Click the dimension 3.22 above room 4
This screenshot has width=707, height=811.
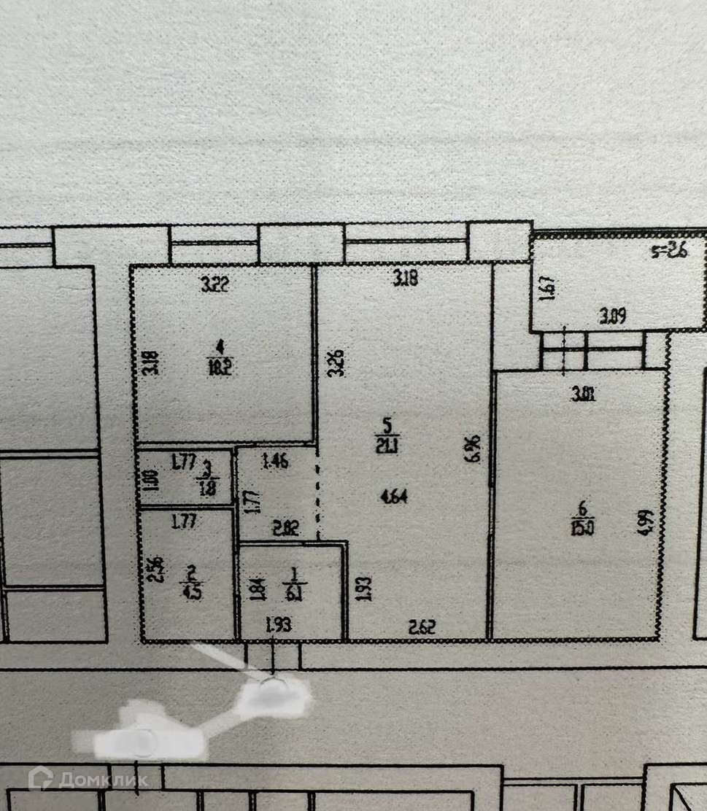click(215, 286)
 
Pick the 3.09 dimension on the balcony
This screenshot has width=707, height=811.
click(613, 316)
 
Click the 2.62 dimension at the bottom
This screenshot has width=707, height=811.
click(422, 626)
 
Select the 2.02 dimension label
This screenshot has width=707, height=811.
click(283, 531)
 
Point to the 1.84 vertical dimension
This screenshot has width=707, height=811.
click(255, 588)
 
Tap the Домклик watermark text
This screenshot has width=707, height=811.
click(102, 780)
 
